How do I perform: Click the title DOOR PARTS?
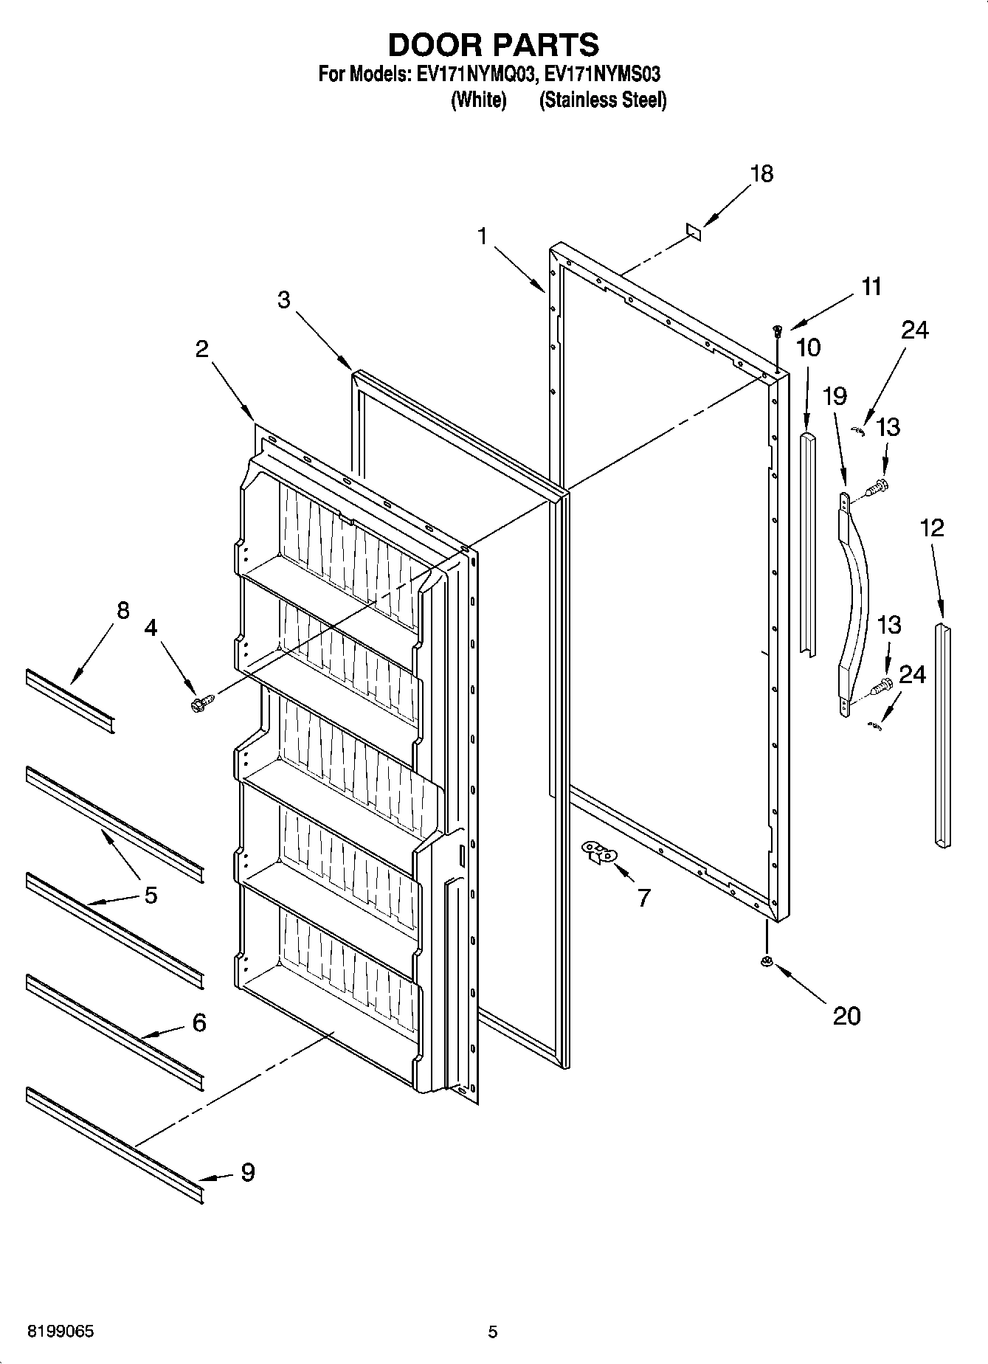493,45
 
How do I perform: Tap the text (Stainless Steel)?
603,100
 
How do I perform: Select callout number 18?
761,174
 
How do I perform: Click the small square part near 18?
693,232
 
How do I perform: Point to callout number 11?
871,286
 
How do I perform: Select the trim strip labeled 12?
943,734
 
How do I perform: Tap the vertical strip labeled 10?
809,542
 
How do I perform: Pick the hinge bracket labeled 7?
600,852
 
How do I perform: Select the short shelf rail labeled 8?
70,701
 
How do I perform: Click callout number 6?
198,1023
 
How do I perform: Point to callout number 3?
283,300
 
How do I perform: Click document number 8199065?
61,1332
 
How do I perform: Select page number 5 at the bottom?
492,1332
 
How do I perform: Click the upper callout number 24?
914,330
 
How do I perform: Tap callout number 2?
201,349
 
